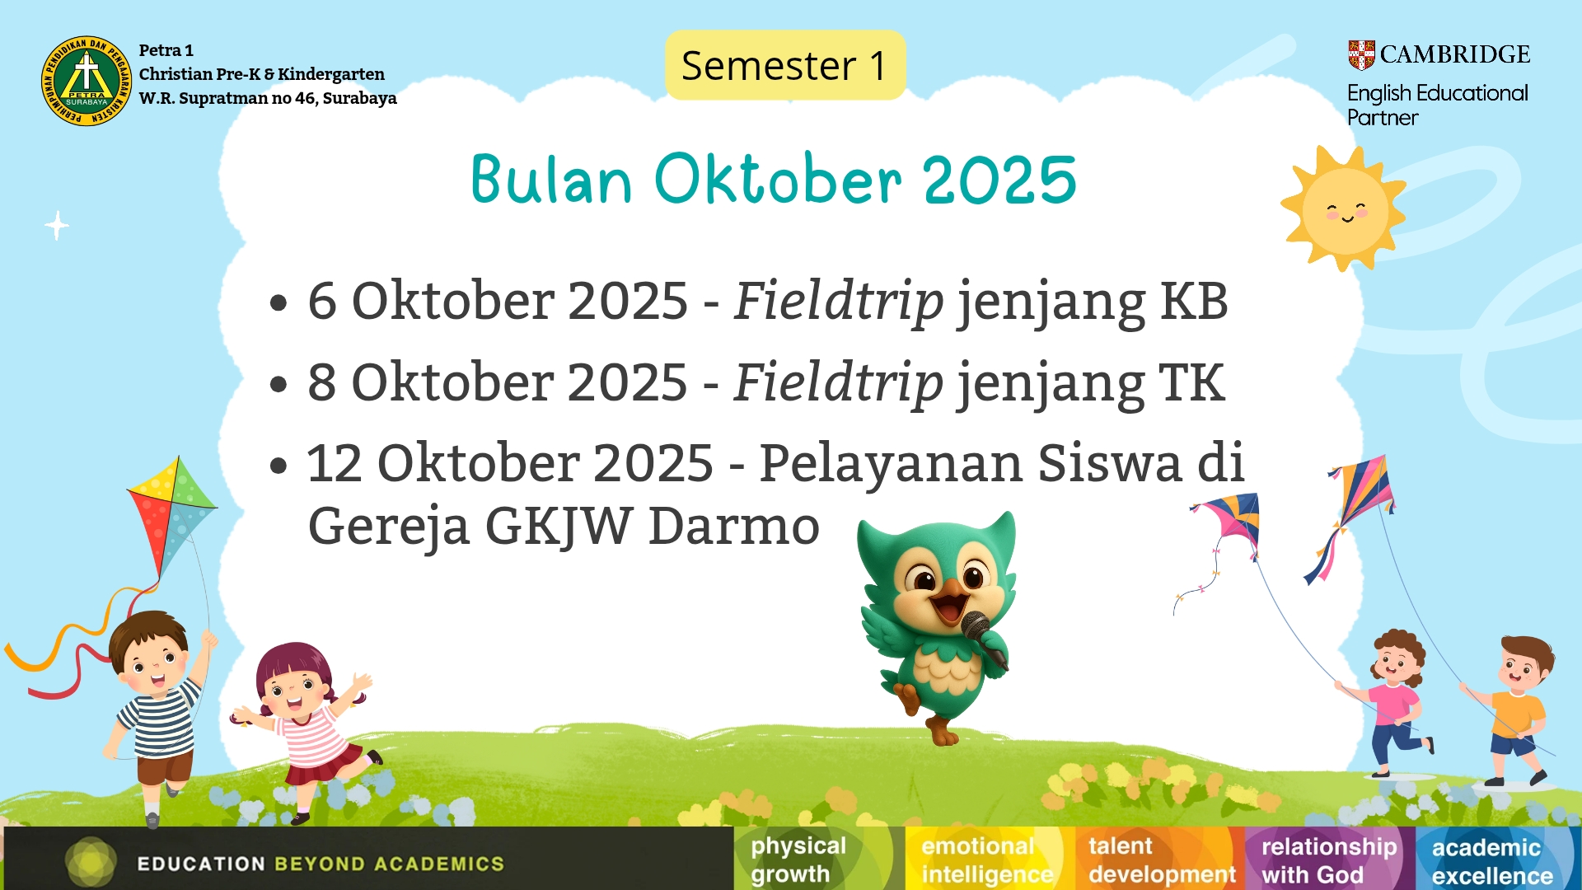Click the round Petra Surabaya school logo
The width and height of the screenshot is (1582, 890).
tap(87, 81)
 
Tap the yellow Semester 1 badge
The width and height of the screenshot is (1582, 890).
tap(785, 65)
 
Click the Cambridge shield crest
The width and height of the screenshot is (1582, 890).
tap(1361, 54)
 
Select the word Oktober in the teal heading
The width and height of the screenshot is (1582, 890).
tap(778, 179)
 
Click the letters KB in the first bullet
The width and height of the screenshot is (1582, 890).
tap(1194, 301)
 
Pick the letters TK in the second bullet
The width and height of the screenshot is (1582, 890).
tap(1192, 382)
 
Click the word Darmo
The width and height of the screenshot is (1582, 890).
tap(734, 526)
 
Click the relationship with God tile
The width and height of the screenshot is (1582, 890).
tap(1329, 859)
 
